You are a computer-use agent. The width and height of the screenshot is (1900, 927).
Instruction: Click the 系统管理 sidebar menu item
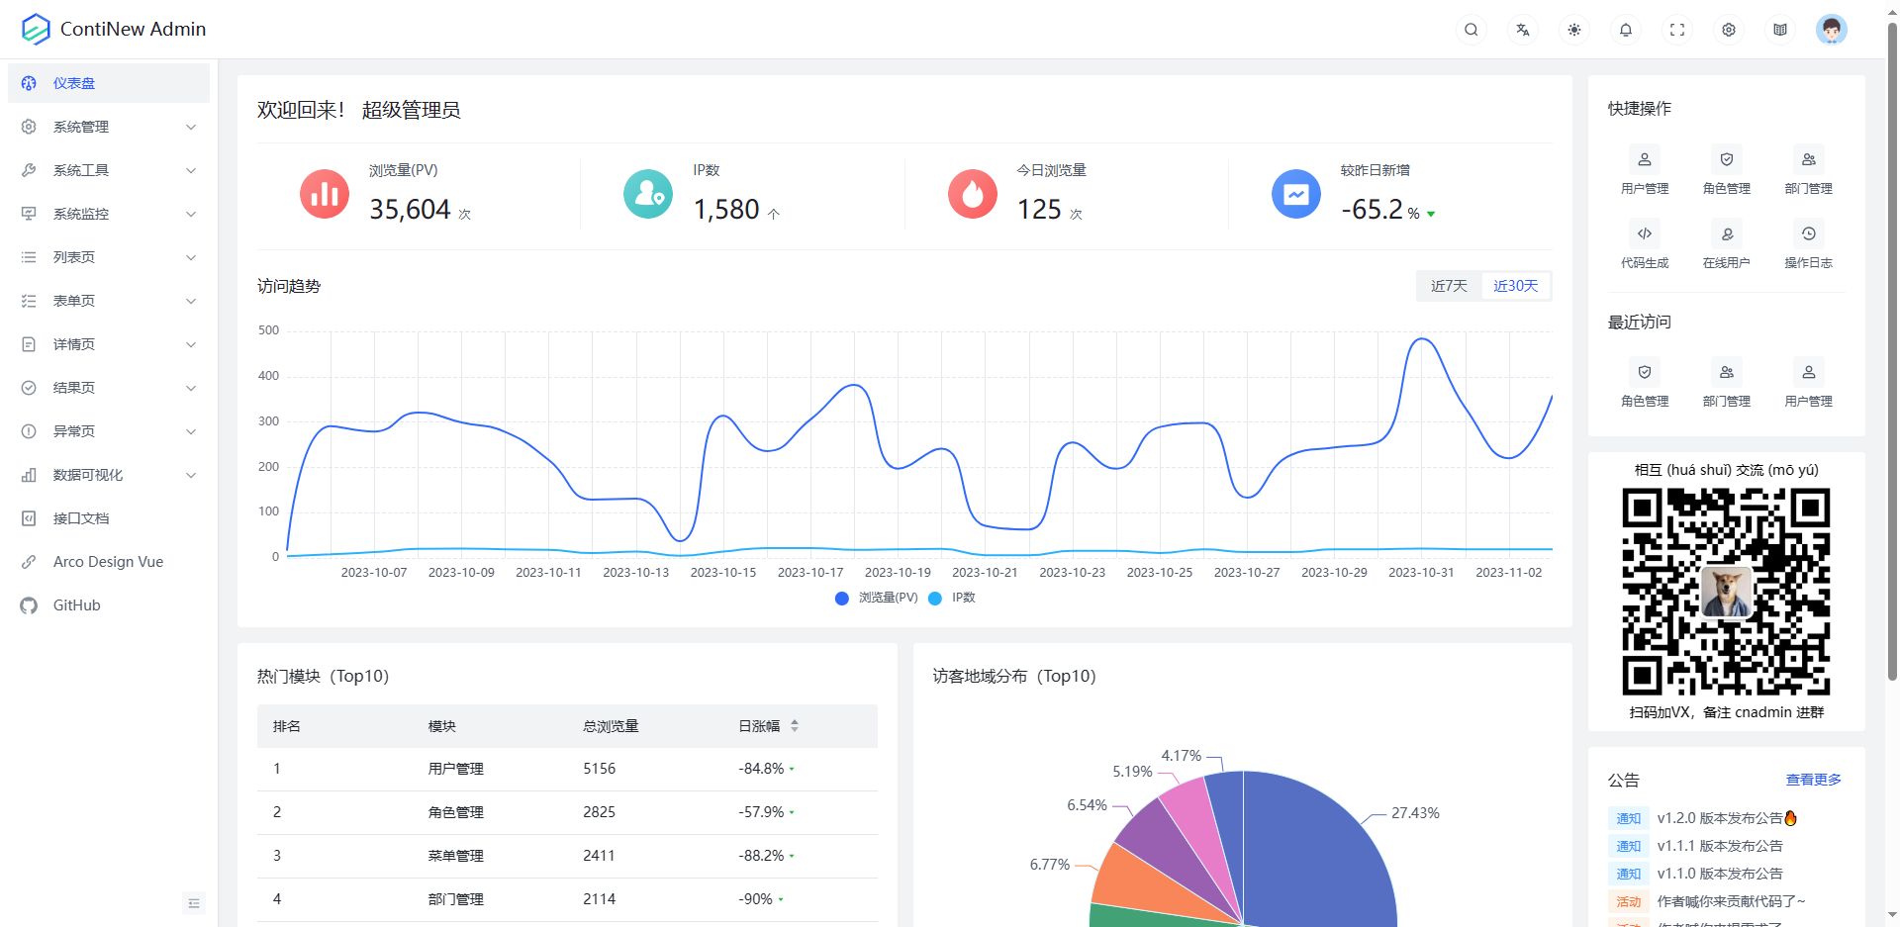pyautogui.click(x=81, y=127)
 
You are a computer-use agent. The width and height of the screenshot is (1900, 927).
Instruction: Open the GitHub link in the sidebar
pyautogui.click(x=76, y=605)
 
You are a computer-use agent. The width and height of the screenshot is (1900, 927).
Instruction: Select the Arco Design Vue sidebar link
pyautogui.click(x=108, y=562)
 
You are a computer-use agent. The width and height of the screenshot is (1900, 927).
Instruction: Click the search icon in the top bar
pyautogui.click(x=1472, y=30)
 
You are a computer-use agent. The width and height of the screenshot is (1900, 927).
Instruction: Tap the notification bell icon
pyautogui.click(x=1626, y=30)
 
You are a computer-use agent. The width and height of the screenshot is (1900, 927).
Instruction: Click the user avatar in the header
pyautogui.click(x=1831, y=30)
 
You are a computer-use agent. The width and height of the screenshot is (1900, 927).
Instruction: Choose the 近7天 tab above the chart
pyautogui.click(x=1449, y=286)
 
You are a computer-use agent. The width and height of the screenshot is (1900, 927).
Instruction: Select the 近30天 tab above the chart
pyautogui.click(x=1515, y=286)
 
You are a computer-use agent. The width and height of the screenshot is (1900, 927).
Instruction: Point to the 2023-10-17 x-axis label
pyautogui.click(x=810, y=573)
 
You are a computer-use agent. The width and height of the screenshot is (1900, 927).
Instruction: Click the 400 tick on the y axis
pyautogui.click(x=268, y=376)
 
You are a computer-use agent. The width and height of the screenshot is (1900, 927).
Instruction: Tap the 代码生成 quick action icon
pyautogui.click(x=1645, y=234)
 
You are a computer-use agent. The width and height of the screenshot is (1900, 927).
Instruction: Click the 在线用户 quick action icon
pyautogui.click(x=1727, y=234)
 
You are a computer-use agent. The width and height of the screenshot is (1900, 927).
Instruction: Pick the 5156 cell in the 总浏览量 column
pyautogui.click(x=600, y=769)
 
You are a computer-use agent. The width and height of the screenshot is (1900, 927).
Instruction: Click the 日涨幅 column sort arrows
pyautogui.click(x=795, y=726)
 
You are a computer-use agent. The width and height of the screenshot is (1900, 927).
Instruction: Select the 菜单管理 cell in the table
pyautogui.click(x=456, y=856)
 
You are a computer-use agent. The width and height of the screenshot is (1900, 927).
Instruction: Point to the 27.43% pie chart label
pyautogui.click(x=1415, y=813)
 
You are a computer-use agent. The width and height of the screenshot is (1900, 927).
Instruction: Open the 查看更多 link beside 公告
pyautogui.click(x=1813, y=780)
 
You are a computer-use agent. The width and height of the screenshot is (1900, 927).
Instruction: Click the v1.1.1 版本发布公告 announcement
pyautogui.click(x=1720, y=846)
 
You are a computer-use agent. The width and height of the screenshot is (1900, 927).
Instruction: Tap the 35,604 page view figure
pyautogui.click(x=410, y=210)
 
